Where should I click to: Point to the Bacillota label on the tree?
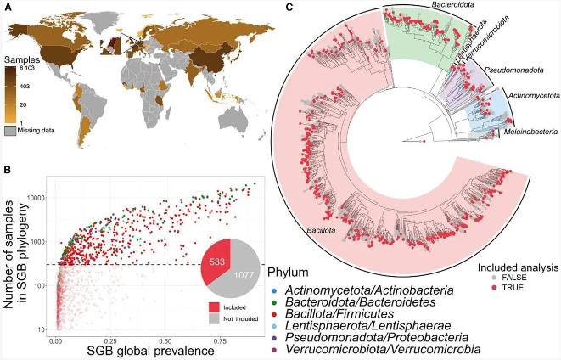(x=316, y=228)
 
